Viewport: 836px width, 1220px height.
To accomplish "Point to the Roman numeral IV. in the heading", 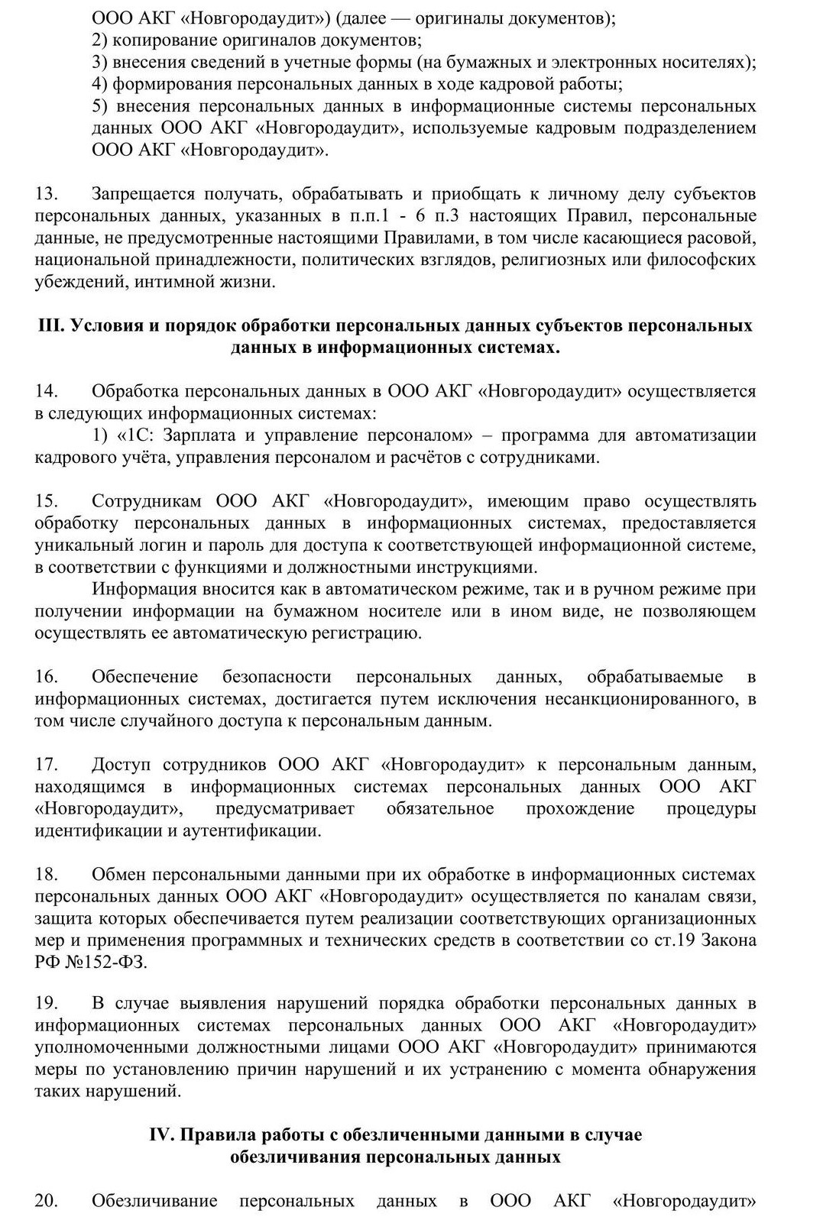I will (163, 1134).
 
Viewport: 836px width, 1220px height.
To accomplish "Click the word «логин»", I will (173, 545).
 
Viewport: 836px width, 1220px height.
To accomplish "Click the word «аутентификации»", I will (251, 831).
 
